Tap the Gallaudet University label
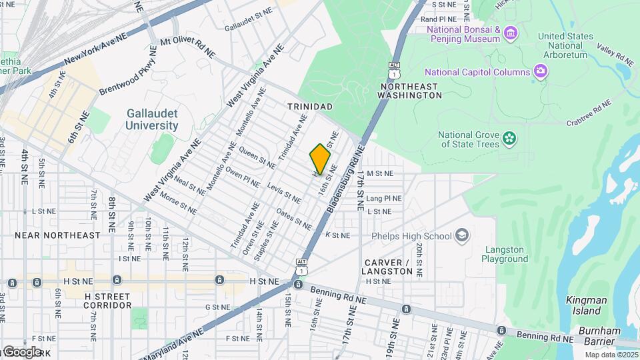click(x=153, y=119)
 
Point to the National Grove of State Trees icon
click(x=510, y=139)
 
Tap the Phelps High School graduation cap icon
click(x=462, y=235)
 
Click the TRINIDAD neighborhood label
click(x=309, y=107)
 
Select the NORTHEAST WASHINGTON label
click(x=409, y=91)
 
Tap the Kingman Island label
click(x=587, y=305)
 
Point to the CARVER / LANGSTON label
click(x=387, y=266)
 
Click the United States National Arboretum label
click(x=565, y=45)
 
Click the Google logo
click(x=21, y=351)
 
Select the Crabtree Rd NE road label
click(x=589, y=113)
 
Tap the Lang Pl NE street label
click(x=384, y=198)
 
